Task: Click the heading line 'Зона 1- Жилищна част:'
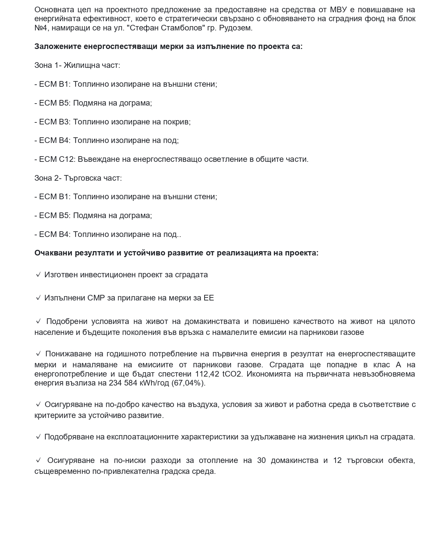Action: (x=77, y=65)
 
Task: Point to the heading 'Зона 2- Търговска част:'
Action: (x=78, y=178)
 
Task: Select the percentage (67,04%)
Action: (x=189, y=383)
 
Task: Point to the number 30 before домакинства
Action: (x=261, y=460)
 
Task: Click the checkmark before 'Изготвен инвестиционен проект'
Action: (x=38, y=275)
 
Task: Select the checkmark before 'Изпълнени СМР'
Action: (x=38, y=298)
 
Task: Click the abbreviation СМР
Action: (x=96, y=298)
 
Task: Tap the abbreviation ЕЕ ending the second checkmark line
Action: (x=209, y=298)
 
